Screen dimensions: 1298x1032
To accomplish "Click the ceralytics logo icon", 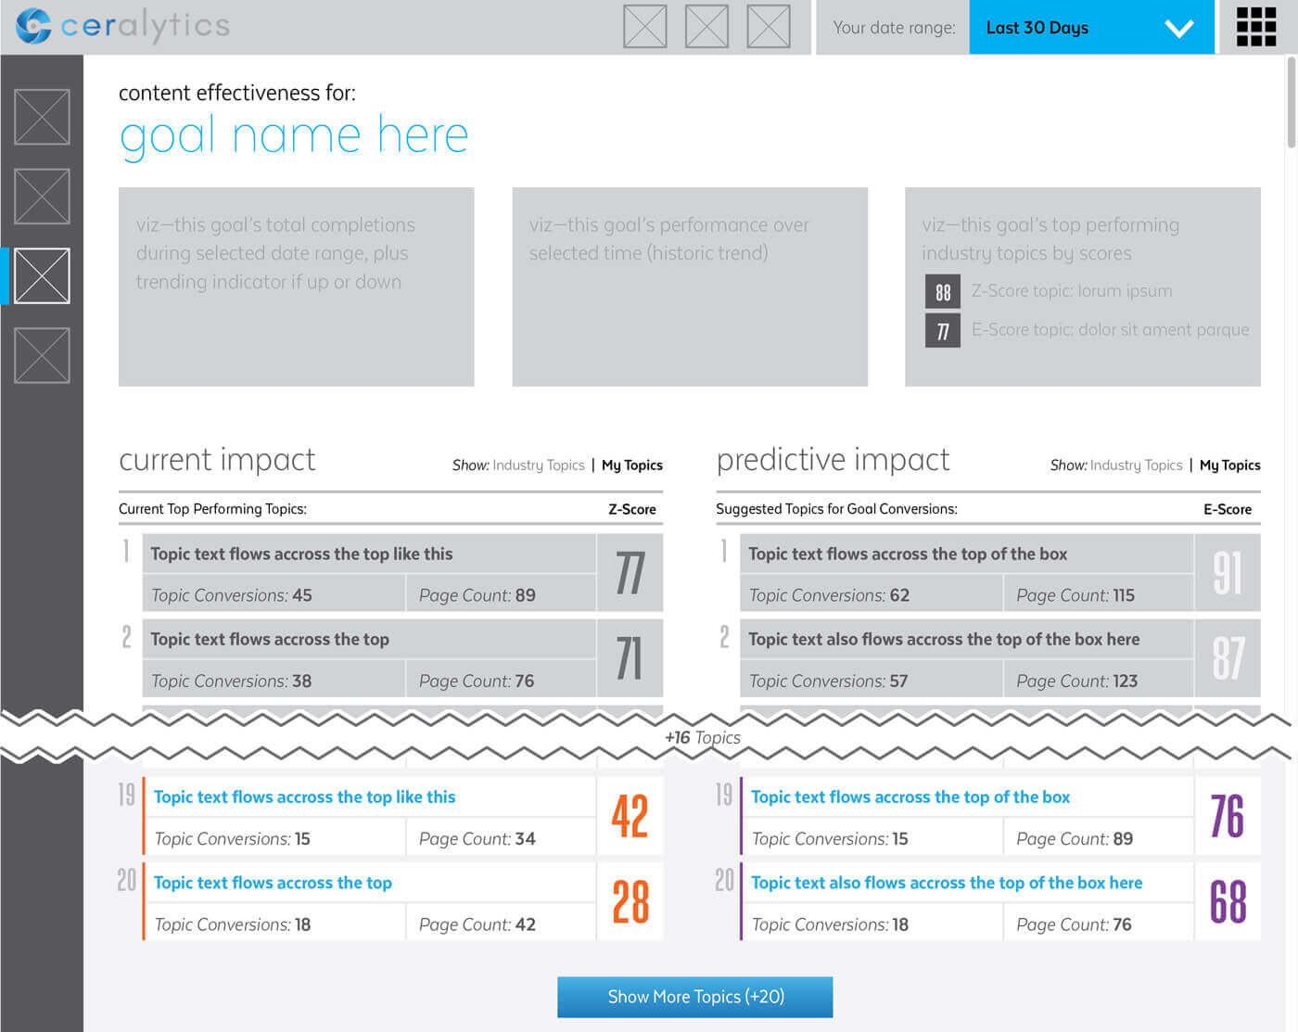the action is tap(33, 26).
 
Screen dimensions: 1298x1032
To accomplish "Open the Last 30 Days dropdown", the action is tap(1091, 27).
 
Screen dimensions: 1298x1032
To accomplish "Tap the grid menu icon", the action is tap(1255, 27).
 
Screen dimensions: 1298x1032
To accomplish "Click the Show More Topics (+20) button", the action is tap(694, 997).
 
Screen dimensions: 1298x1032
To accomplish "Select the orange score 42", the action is tap(630, 816).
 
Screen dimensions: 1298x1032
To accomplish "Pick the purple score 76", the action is tap(1227, 816).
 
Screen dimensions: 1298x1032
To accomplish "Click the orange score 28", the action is tap(630, 901).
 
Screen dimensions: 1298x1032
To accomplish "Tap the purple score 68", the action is tap(1228, 901).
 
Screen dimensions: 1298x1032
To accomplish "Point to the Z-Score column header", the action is tap(631, 509).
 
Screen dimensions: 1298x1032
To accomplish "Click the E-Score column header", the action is tap(1228, 509).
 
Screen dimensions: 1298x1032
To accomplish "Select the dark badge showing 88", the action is tap(943, 292).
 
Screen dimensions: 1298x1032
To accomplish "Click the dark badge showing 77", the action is tap(943, 330).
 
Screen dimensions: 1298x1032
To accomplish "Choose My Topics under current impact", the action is tap(632, 465).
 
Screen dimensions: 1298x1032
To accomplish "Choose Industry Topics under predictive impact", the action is tap(1137, 465).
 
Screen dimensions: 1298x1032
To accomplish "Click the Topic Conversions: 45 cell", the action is tap(274, 594).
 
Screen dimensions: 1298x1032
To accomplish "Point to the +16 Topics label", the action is tap(703, 737).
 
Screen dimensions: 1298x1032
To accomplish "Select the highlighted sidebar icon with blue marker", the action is tap(42, 275).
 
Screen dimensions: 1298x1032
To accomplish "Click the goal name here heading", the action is tap(294, 136).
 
